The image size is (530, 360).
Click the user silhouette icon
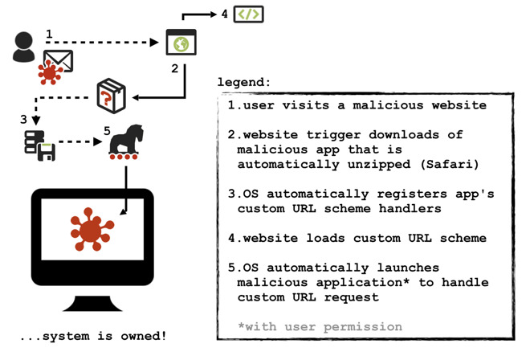click(x=23, y=47)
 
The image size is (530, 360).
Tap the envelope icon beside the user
click(x=58, y=61)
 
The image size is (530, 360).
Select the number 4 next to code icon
click(x=224, y=14)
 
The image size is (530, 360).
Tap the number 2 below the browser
click(x=174, y=69)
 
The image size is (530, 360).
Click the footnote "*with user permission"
click(x=320, y=326)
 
